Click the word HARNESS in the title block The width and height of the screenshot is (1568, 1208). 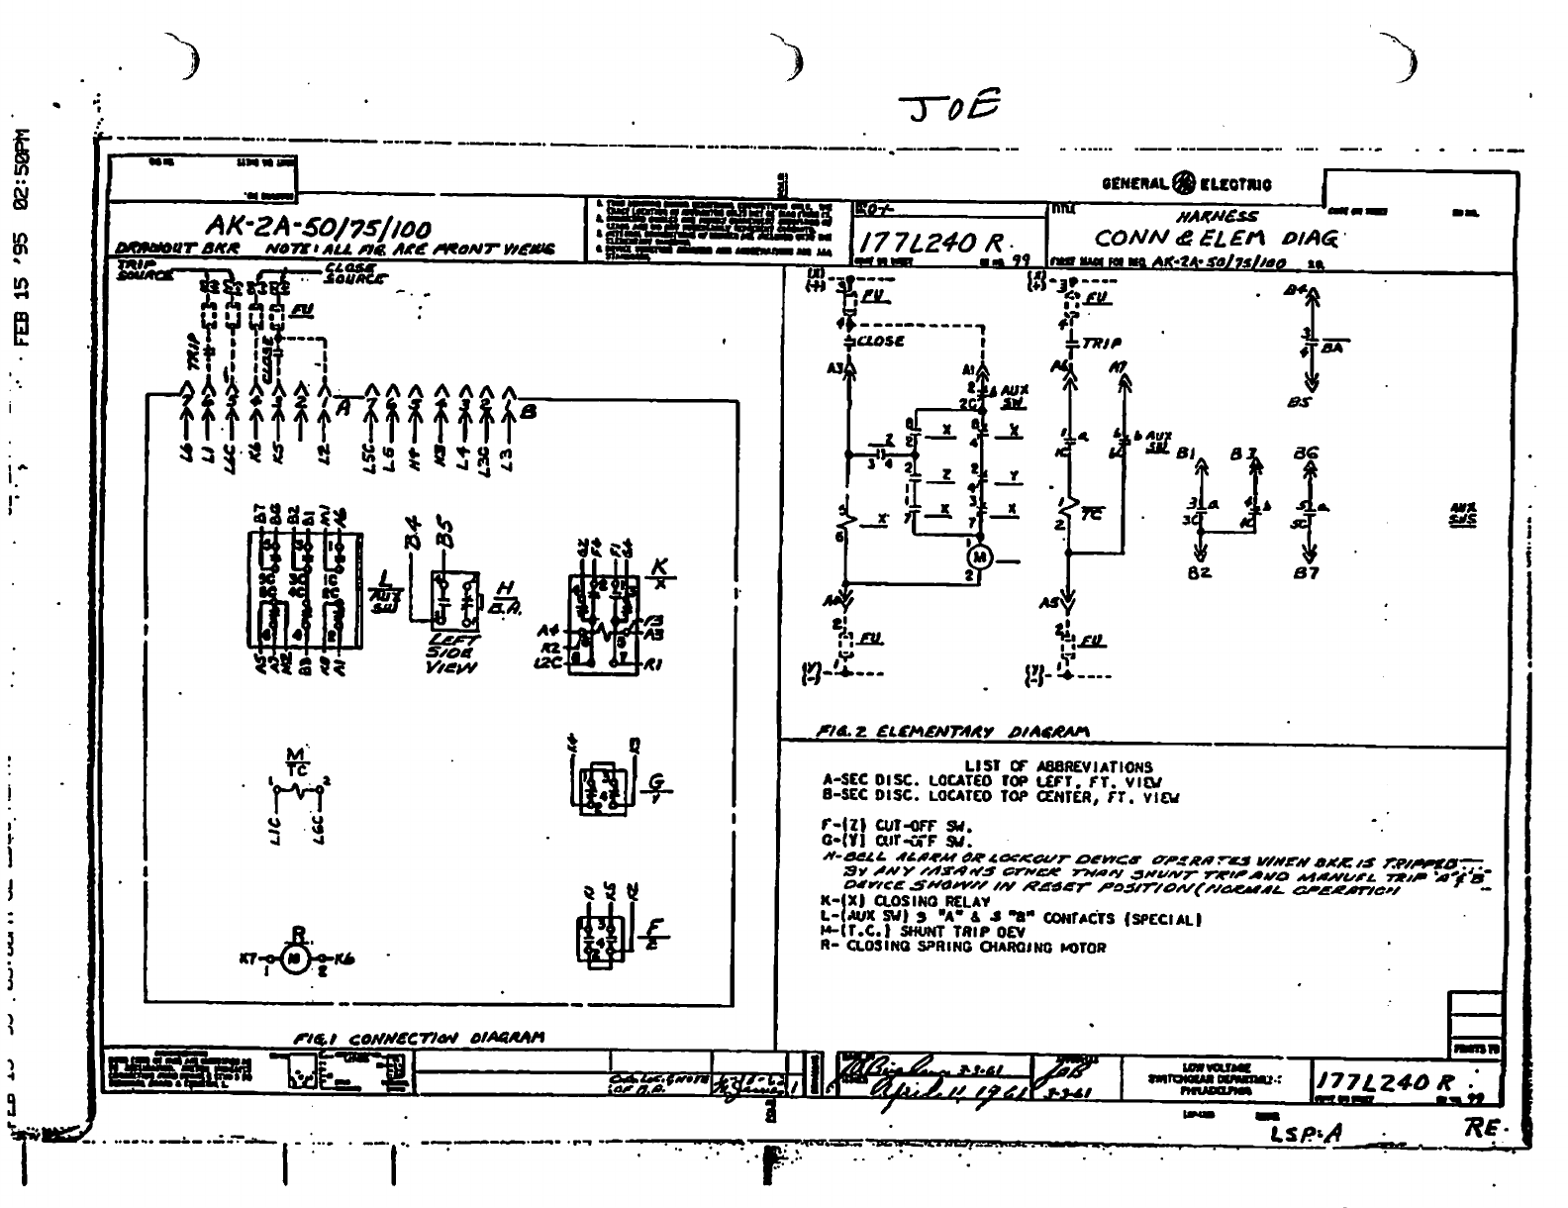pyautogui.click(x=1217, y=217)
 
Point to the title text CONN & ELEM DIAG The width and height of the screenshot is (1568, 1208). pyautogui.click(x=1217, y=239)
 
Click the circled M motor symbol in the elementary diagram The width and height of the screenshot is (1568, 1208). pyautogui.click(x=980, y=557)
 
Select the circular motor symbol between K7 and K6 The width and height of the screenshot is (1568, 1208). pyautogui.click(x=292, y=957)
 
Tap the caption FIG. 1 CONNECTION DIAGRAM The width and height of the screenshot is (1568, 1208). pyautogui.click(x=419, y=1038)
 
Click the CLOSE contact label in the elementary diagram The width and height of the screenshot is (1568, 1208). pyautogui.click(x=880, y=341)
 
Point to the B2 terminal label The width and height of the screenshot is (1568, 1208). pyautogui.click(x=1201, y=573)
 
